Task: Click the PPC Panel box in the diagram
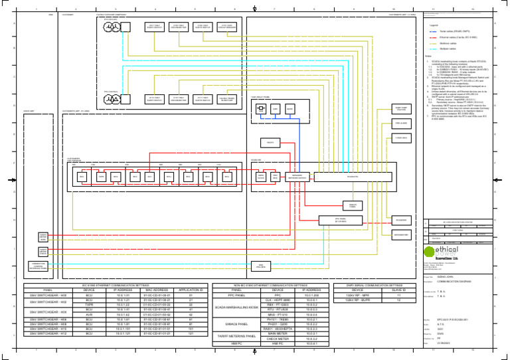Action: click(x=340, y=220)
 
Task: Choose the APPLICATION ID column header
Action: click(x=191, y=290)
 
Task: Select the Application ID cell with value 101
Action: click(x=191, y=327)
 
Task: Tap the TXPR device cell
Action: click(x=88, y=305)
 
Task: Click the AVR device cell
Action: click(x=88, y=314)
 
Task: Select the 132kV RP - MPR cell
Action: click(x=357, y=295)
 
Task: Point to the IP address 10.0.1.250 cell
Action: click(x=311, y=295)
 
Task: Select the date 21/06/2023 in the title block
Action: click(x=446, y=343)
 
